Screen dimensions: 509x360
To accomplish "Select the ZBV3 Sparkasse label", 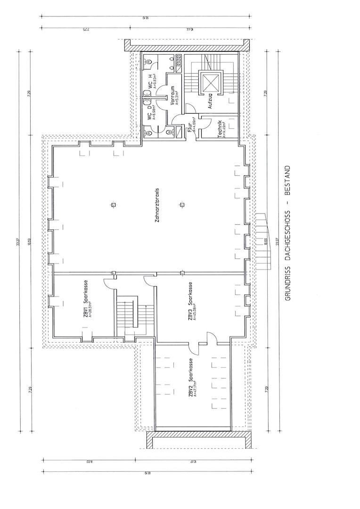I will [190, 301].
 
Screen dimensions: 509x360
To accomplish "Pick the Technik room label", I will [220, 129].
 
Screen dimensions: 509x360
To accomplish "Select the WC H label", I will [150, 81].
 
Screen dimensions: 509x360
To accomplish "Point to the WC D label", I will [150, 114].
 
